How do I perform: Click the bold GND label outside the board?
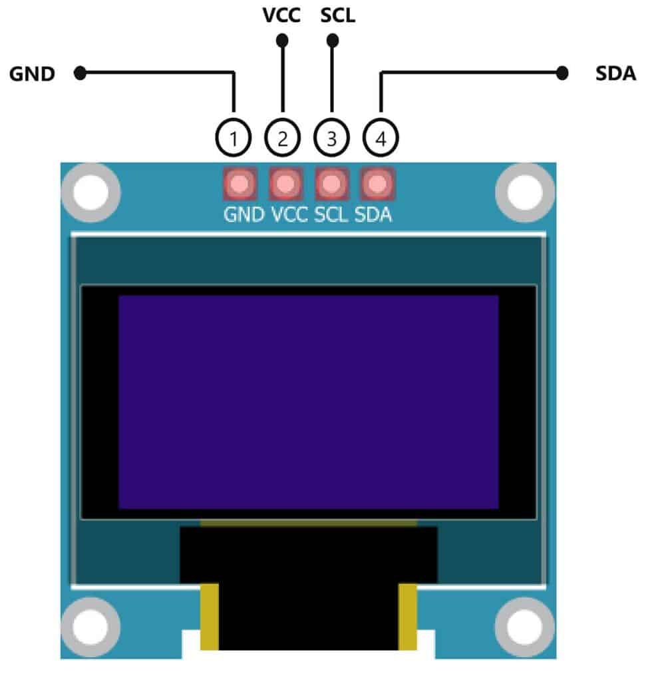(x=31, y=74)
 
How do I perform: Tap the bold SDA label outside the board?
(x=615, y=74)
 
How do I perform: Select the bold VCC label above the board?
(x=282, y=15)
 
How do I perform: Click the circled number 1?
(x=234, y=139)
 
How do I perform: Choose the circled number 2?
(x=283, y=139)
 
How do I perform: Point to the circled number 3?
(x=332, y=139)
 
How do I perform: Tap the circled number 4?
(x=381, y=139)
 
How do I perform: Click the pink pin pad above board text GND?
(x=240, y=184)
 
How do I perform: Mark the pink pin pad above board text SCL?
(x=331, y=184)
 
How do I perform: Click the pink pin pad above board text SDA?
(x=377, y=184)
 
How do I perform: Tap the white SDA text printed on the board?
(x=373, y=216)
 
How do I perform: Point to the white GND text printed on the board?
(x=244, y=216)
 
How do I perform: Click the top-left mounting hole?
(x=91, y=193)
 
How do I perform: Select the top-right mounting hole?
(x=525, y=193)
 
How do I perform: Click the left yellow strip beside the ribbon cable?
(x=210, y=617)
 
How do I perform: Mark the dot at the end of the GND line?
(x=81, y=73)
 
